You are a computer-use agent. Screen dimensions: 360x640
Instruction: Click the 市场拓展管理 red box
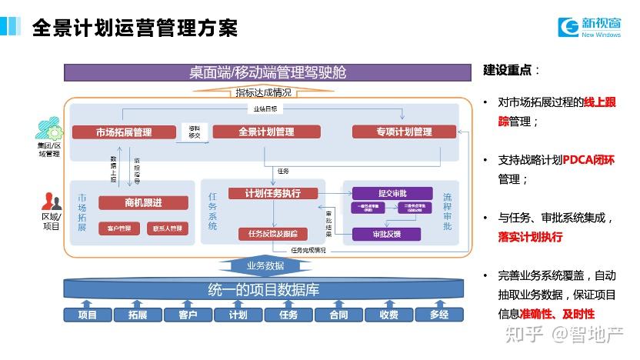(x=123, y=132)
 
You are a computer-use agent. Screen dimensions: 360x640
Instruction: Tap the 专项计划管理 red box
(x=404, y=132)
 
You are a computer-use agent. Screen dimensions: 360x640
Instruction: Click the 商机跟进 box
(x=143, y=202)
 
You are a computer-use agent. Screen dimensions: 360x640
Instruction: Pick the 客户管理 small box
(x=118, y=228)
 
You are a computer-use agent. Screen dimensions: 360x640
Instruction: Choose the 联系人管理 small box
(x=168, y=228)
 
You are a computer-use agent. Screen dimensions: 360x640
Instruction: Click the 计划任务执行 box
(x=272, y=193)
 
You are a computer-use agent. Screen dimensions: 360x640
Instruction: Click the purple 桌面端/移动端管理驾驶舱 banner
(x=267, y=73)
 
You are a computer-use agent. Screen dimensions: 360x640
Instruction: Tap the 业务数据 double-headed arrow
(x=266, y=265)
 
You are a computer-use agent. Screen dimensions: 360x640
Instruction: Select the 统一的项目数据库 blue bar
(x=263, y=291)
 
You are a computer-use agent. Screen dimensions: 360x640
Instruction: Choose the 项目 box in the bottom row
(x=87, y=315)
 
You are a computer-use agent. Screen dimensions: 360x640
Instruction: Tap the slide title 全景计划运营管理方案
(x=135, y=28)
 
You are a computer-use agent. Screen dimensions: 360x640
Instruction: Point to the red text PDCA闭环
(x=589, y=160)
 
